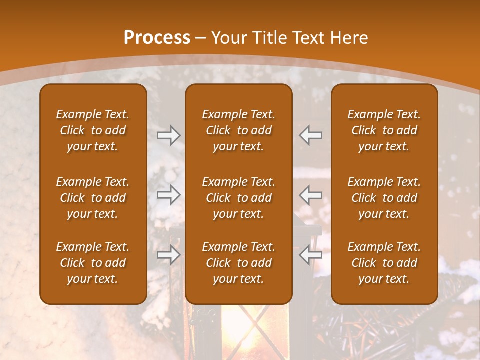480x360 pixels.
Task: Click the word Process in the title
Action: (x=157, y=38)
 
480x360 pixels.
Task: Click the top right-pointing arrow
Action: (x=168, y=135)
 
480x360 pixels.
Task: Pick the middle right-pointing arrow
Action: (x=168, y=195)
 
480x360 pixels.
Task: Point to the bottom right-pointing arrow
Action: (x=168, y=255)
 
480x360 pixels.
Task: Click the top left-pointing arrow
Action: (x=311, y=135)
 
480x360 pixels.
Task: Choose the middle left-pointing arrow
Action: (x=311, y=195)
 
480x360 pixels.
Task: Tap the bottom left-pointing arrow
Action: (x=311, y=255)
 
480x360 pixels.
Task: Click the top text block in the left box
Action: (x=93, y=130)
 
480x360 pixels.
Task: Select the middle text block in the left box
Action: (x=93, y=198)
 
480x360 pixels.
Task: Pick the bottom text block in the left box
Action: (x=93, y=263)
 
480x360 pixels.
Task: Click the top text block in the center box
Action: (x=239, y=130)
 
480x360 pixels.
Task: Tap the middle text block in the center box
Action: (x=239, y=198)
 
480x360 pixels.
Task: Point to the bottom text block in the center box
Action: (x=239, y=263)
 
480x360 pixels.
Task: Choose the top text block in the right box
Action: (x=384, y=130)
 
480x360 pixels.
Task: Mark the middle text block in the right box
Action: (x=384, y=198)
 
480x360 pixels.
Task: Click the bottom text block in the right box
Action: (x=384, y=263)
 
